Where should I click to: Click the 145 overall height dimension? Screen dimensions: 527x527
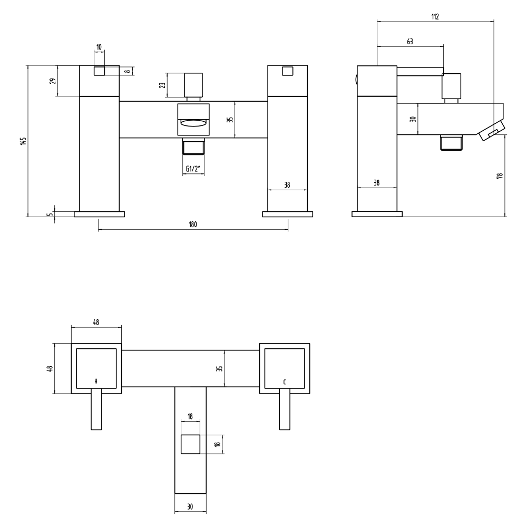click(x=23, y=141)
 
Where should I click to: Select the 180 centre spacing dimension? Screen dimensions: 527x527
click(x=192, y=225)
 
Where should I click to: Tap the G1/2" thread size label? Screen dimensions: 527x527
click(x=193, y=169)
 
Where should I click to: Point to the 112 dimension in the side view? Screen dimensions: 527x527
click(x=435, y=17)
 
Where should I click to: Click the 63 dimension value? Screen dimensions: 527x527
click(x=410, y=41)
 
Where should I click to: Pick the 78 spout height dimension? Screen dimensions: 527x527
click(x=500, y=175)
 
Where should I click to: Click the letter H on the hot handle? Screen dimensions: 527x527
click(x=95, y=381)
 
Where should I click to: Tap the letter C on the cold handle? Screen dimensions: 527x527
click(x=285, y=381)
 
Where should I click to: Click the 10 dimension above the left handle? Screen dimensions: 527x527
click(x=99, y=47)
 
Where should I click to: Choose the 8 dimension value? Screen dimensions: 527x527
click(x=126, y=71)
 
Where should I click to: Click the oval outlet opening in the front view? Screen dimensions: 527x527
click(x=193, y=123)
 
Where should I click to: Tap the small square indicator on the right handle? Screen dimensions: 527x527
click(x=288, y=71)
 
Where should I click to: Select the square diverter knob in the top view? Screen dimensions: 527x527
click(x=190, y=444)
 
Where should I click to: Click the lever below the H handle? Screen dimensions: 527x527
click(x=96, y=409)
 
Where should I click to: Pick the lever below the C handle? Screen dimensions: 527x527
click(x=285, y=409)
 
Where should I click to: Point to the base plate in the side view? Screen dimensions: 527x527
click(x=377, y=214)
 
